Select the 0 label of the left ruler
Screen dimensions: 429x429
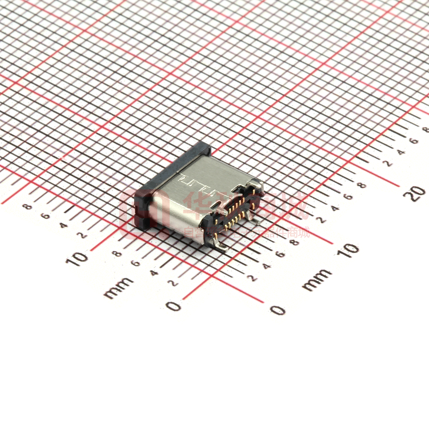174,306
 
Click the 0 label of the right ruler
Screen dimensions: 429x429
278,310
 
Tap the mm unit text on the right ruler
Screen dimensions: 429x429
317,279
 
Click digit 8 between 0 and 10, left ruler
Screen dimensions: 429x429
117,253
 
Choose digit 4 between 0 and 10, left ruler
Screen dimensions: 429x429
154,273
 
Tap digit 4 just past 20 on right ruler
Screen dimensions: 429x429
402,152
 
